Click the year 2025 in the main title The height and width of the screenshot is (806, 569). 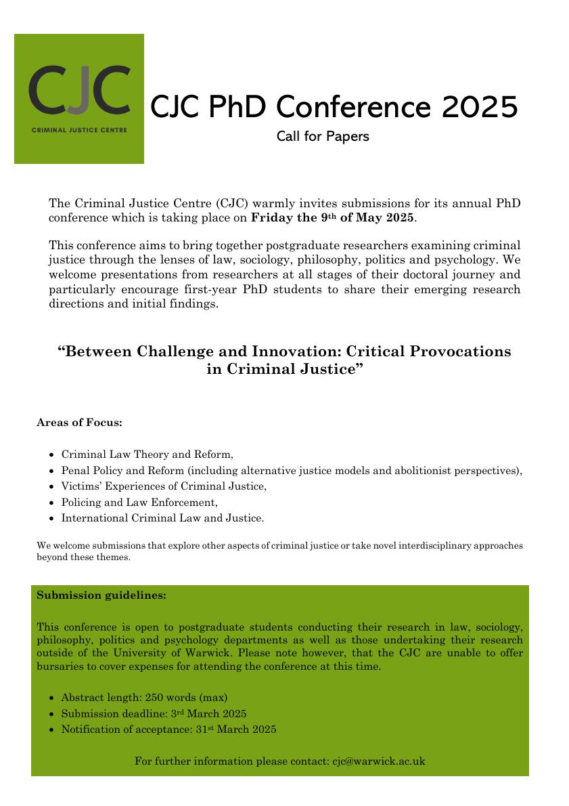point(480,106)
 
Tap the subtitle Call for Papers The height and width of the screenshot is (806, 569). point(323,136)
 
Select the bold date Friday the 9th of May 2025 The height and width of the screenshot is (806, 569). point(332,218)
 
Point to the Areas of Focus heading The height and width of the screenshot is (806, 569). point(79,423)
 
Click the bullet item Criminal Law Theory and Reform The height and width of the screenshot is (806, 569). point(147,454)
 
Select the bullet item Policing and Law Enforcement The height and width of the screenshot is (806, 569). point(139,502)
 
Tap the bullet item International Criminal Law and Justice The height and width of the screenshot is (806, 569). point(162,518)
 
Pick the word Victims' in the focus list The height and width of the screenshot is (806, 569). point(82,486)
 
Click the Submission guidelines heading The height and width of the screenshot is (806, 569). point(101,595)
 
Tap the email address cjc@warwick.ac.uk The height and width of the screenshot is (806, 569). point(378,761)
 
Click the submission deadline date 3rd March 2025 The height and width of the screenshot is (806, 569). point(208,713)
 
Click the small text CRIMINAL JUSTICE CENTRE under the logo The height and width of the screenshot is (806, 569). point(78,129)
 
